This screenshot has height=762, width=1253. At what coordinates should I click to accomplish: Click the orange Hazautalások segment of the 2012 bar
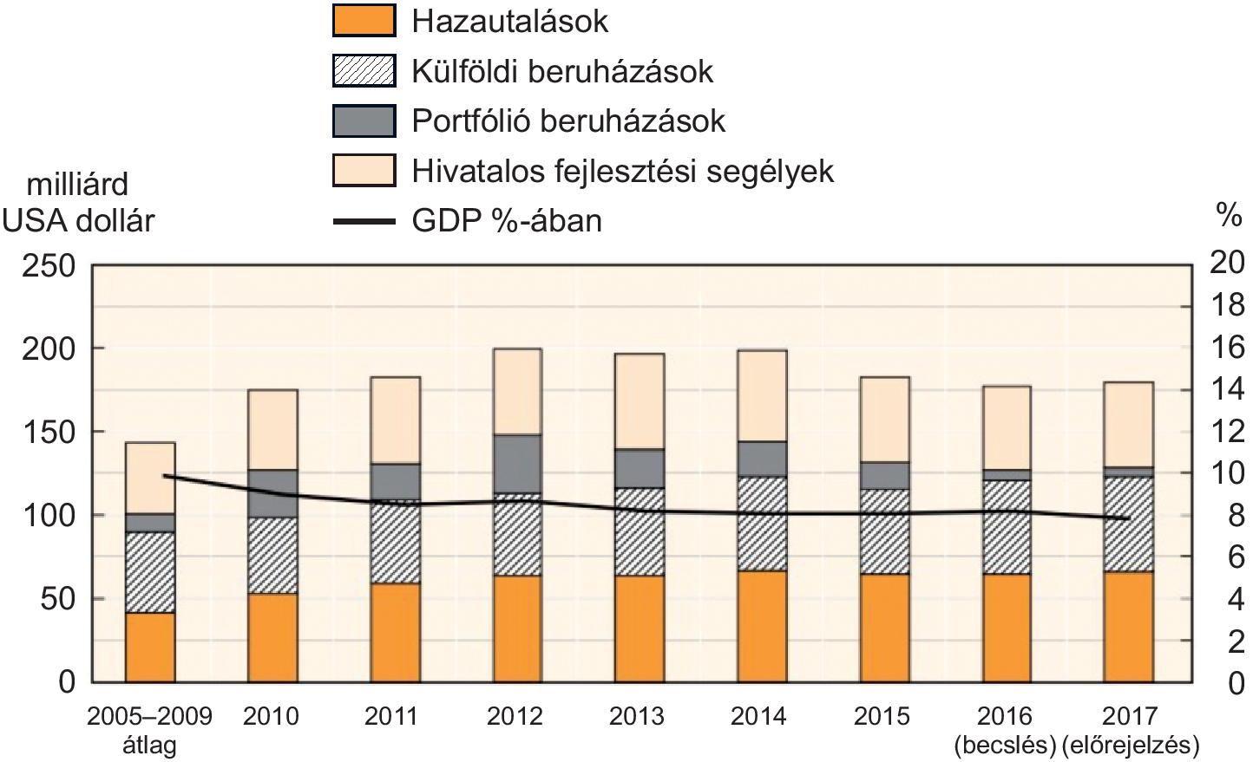tap(517, 628)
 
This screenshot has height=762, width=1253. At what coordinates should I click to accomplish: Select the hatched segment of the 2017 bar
tap(1128, 524)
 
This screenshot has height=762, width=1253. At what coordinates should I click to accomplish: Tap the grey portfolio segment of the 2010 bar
tap(273, 493)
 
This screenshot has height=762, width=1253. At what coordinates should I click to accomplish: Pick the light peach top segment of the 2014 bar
tap(762, 395)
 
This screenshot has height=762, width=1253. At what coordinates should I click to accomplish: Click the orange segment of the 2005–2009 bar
tap(150, 647)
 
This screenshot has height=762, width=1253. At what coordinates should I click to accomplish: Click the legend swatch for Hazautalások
tap(364, 21)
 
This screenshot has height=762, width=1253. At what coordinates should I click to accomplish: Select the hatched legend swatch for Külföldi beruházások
tap(364, 71)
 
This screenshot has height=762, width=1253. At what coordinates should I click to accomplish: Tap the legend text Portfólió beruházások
tap(568, 120)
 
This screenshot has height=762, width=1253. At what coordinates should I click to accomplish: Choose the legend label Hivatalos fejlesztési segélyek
tap(622, 171)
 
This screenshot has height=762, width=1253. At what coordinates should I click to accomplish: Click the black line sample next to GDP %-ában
tap(364, 221)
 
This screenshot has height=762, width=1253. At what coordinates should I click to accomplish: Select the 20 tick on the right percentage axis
tap(1226, 264)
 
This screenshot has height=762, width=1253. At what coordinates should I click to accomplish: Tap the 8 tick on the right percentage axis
tap(1235, 516)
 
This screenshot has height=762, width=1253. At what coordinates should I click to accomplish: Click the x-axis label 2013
tap(637, 717)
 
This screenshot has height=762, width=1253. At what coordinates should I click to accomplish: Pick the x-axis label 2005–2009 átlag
tap(150, 730)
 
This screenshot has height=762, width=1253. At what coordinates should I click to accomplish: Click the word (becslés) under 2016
tap(1004, 745)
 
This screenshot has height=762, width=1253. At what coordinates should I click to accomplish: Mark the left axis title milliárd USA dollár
tap(78, 202)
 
